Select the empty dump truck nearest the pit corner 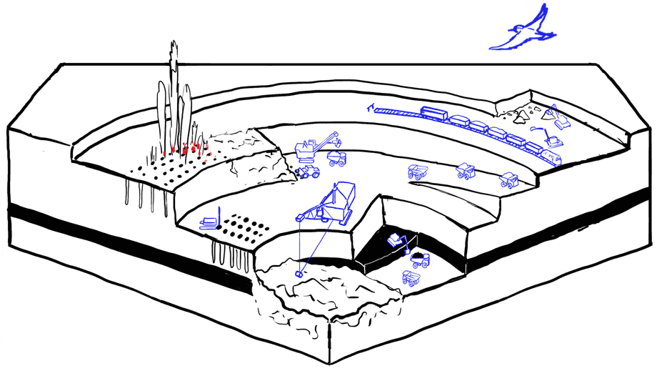[x=411, y=278]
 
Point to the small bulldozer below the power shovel [x=308, y=172]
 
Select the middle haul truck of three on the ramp [x=466, y=172]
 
